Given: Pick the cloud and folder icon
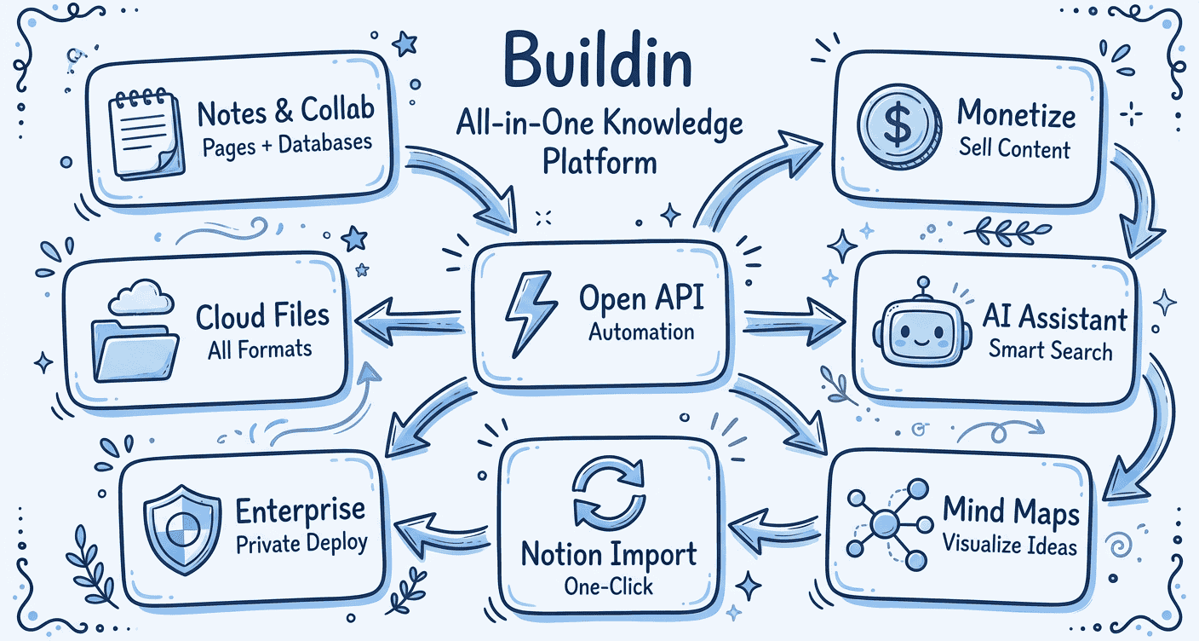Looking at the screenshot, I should click(135, 333).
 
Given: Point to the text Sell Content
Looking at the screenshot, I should click(1013, 149).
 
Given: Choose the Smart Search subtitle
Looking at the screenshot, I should click(1050, 351).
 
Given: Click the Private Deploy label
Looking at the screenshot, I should click(301, 543).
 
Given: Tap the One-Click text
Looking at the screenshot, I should click(608, 586).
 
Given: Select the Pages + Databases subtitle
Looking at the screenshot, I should click(287, 144).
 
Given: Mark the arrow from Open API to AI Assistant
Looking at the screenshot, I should click(793, 322).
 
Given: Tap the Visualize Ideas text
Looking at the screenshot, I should click(1010, 545).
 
